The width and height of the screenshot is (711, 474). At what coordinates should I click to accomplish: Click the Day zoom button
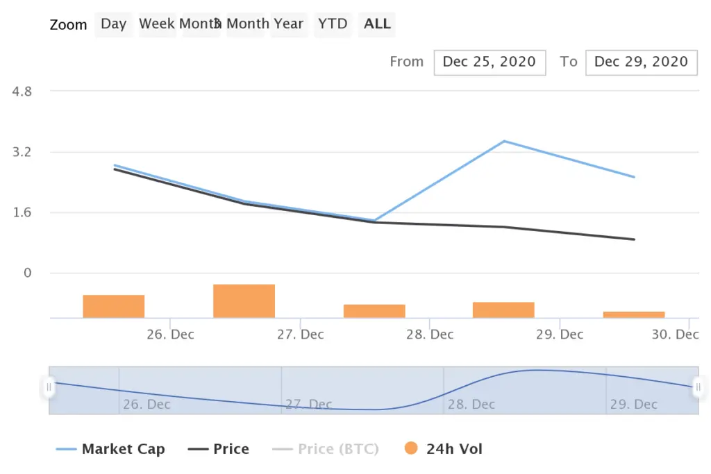pos(113,24)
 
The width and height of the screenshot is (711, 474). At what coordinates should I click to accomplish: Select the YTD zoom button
pos(333,24)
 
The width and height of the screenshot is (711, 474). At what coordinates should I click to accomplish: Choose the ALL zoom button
pos(378,24)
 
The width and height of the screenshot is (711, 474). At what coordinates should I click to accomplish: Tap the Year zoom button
pos(288,24)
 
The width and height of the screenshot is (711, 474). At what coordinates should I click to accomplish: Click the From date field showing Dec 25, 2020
pos(490,62)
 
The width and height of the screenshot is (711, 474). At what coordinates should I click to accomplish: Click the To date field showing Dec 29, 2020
pos(641,62)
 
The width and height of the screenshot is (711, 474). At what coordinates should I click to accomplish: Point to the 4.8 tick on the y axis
pos(23,91)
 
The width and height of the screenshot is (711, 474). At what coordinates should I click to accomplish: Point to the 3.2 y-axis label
pos(23,152)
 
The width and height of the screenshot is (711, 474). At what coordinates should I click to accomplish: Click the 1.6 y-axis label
pos(23,212)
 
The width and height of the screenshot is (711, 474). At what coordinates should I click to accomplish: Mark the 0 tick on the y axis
pos(28,273)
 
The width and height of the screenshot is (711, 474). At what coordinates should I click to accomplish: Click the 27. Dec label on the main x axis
pos(301,335)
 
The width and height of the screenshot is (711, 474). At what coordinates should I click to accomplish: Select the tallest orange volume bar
pos(244,301)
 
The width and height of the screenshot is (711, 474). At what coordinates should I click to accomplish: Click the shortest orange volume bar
pos(634,314)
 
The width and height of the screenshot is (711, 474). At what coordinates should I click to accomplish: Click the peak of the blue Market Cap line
pos(504,141)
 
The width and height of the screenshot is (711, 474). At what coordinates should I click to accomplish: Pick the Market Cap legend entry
pos(123,449)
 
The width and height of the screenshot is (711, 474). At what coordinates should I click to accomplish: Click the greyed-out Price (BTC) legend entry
pos(338,449)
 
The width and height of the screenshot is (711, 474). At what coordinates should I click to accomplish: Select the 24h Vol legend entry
pos(454,449)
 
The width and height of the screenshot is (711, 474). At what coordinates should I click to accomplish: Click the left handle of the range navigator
pos(49,387)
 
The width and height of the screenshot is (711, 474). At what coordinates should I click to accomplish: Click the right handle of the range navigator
pos(698,387)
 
